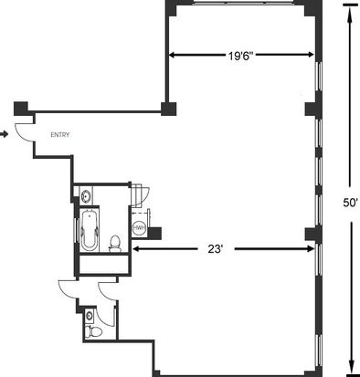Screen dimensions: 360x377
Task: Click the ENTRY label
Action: pos(60,135)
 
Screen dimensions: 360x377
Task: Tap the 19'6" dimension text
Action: pos(241,56)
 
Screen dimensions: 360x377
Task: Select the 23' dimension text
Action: pos(216,249)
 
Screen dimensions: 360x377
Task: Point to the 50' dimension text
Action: pos(350,203)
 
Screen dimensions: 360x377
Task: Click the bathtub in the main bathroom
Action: pos(90,230)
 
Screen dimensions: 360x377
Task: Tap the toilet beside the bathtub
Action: pos(115,244)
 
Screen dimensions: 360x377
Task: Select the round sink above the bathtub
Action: pos(86,195)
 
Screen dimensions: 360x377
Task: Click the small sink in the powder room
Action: pos(90,315)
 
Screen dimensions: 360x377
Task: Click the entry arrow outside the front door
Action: pos(4,134)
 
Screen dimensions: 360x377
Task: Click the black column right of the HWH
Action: pos(154,234)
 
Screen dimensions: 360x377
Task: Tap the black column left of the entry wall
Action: pos(21,109)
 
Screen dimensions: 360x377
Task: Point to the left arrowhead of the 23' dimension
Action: pos(137,249)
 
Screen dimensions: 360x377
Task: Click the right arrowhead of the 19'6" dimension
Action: pos(310,55)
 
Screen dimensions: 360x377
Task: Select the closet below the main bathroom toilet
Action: pos(103,264)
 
